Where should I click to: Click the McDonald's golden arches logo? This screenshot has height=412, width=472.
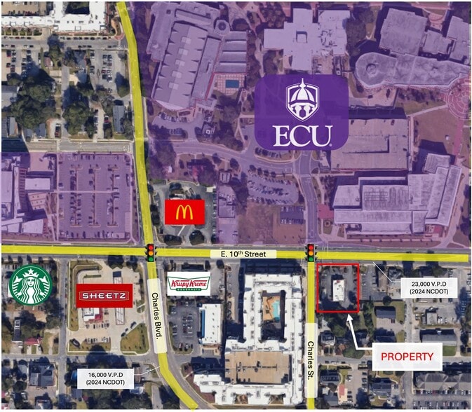click(184, 212)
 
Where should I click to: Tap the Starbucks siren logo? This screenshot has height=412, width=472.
click(29, 285)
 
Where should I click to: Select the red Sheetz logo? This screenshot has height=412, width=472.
click(104, 296)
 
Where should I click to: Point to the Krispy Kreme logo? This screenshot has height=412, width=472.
click(189, 283)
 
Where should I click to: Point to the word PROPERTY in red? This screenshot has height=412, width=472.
click(407, 357)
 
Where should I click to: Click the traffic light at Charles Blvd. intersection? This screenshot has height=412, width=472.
click(150, 252)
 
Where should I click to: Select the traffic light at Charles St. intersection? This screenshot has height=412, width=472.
click(310, 252)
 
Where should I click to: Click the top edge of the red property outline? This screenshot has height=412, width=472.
click(337, 264)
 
